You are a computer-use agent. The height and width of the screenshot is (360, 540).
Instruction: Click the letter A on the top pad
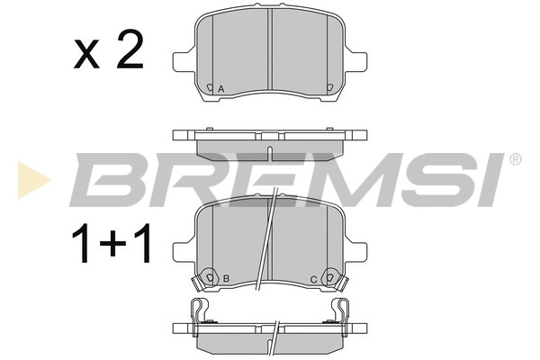(x=222, y=87)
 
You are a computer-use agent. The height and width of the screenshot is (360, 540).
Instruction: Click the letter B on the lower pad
(x=227, y=278)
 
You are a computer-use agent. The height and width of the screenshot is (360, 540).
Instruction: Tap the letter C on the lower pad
(x=313, y=278)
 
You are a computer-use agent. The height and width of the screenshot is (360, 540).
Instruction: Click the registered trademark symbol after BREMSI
(x=515, y=159)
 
